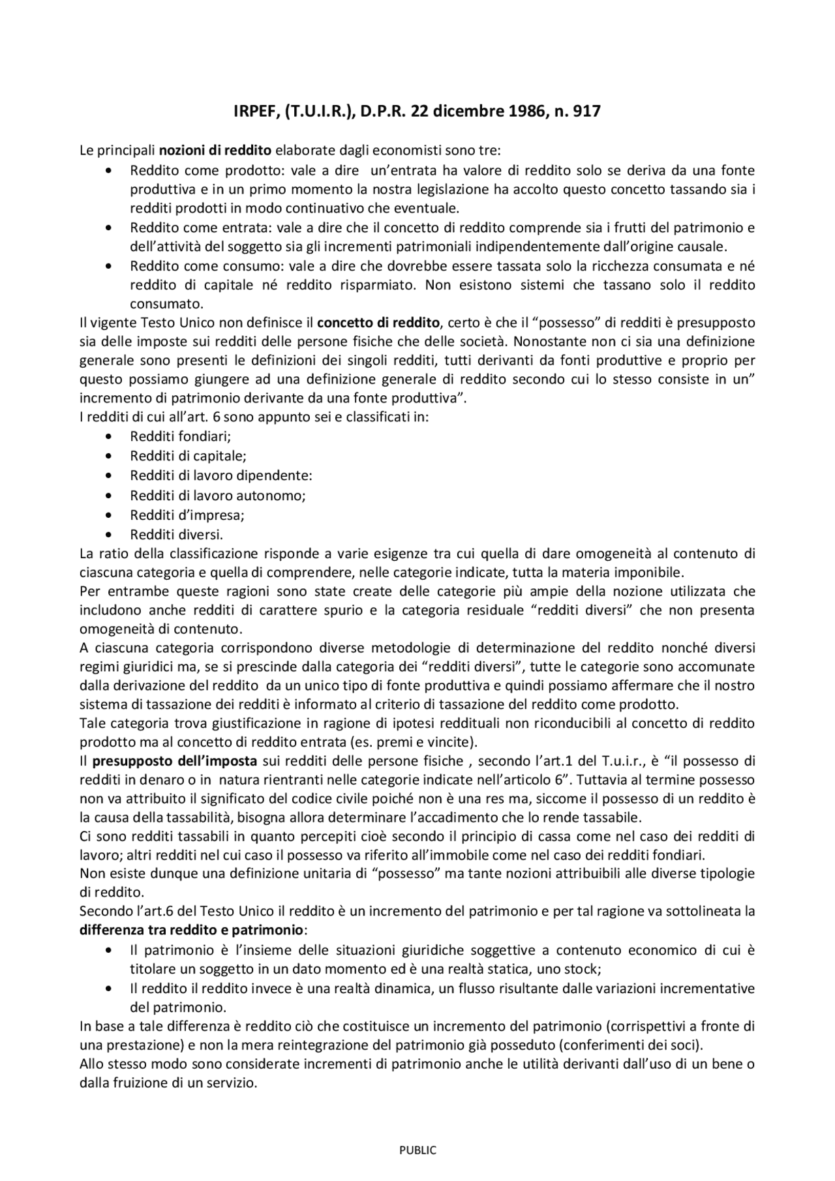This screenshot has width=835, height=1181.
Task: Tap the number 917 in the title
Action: (x=586, y=112)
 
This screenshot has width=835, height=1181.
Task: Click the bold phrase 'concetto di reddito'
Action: (x=378, y=323)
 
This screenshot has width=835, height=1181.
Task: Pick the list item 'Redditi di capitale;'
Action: (x=188, y=456)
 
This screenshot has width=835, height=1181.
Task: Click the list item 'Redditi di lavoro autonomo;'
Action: (x=218, y=496)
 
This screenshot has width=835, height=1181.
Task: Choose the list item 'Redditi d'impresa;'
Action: (x=187, y=515)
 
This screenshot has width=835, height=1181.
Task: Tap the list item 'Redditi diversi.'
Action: (x=177, y=535)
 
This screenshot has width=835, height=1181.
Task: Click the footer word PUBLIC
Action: (x=417, y=1150)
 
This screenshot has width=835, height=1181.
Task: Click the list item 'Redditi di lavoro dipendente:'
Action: (x=221, y=476)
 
